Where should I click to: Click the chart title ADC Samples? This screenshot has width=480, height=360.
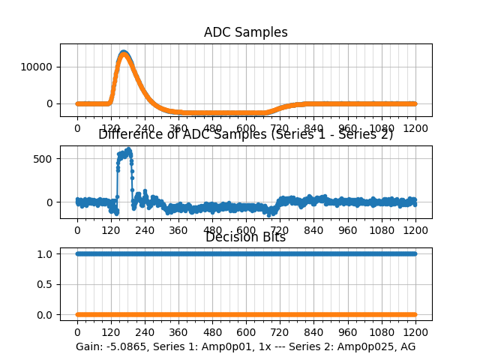(x=245, y=32)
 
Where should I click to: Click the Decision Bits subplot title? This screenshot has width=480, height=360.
(x=245, y=238)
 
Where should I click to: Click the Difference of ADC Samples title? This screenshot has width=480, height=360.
(x=245, y=134)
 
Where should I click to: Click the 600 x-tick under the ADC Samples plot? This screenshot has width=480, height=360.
(x=246, y=128)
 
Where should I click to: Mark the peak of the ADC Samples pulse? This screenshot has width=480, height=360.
(x=124, y=52)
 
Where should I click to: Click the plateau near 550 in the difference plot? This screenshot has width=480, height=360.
(x=124, y=154)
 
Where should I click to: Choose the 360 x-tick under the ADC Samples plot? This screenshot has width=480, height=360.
(x=178, y=128)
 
